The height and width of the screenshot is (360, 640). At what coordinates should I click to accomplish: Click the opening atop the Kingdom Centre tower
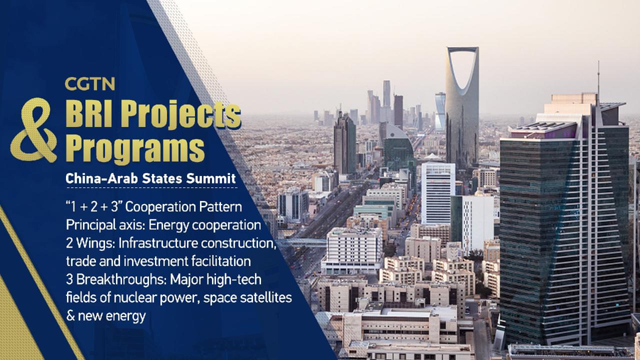point(462,70)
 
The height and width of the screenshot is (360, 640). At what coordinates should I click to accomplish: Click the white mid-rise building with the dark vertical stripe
point(438,192)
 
